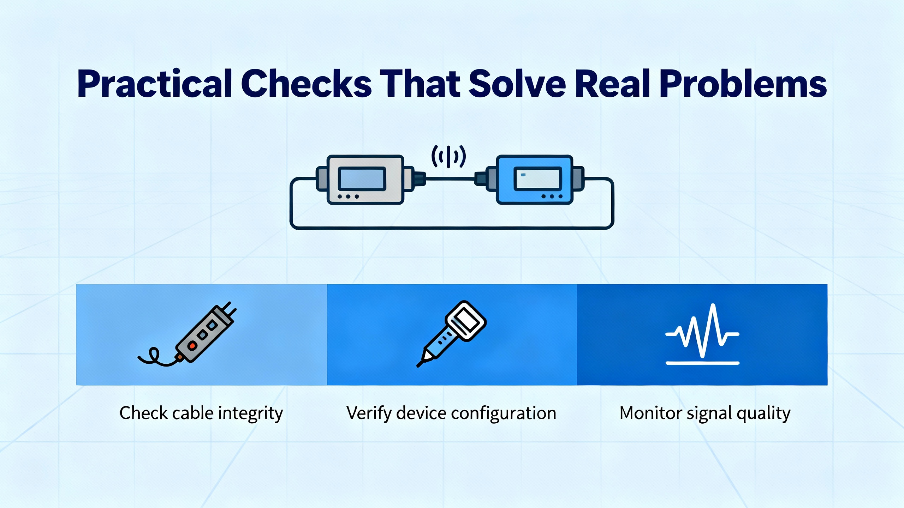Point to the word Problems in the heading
[x=743, y=85]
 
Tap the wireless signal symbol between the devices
[x=448, y=156]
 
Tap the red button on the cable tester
[x=192, y=346]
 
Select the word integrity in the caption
[x=251, y=413]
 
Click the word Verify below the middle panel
[x=368, y=413]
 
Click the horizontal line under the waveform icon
[x=702, y=363]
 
